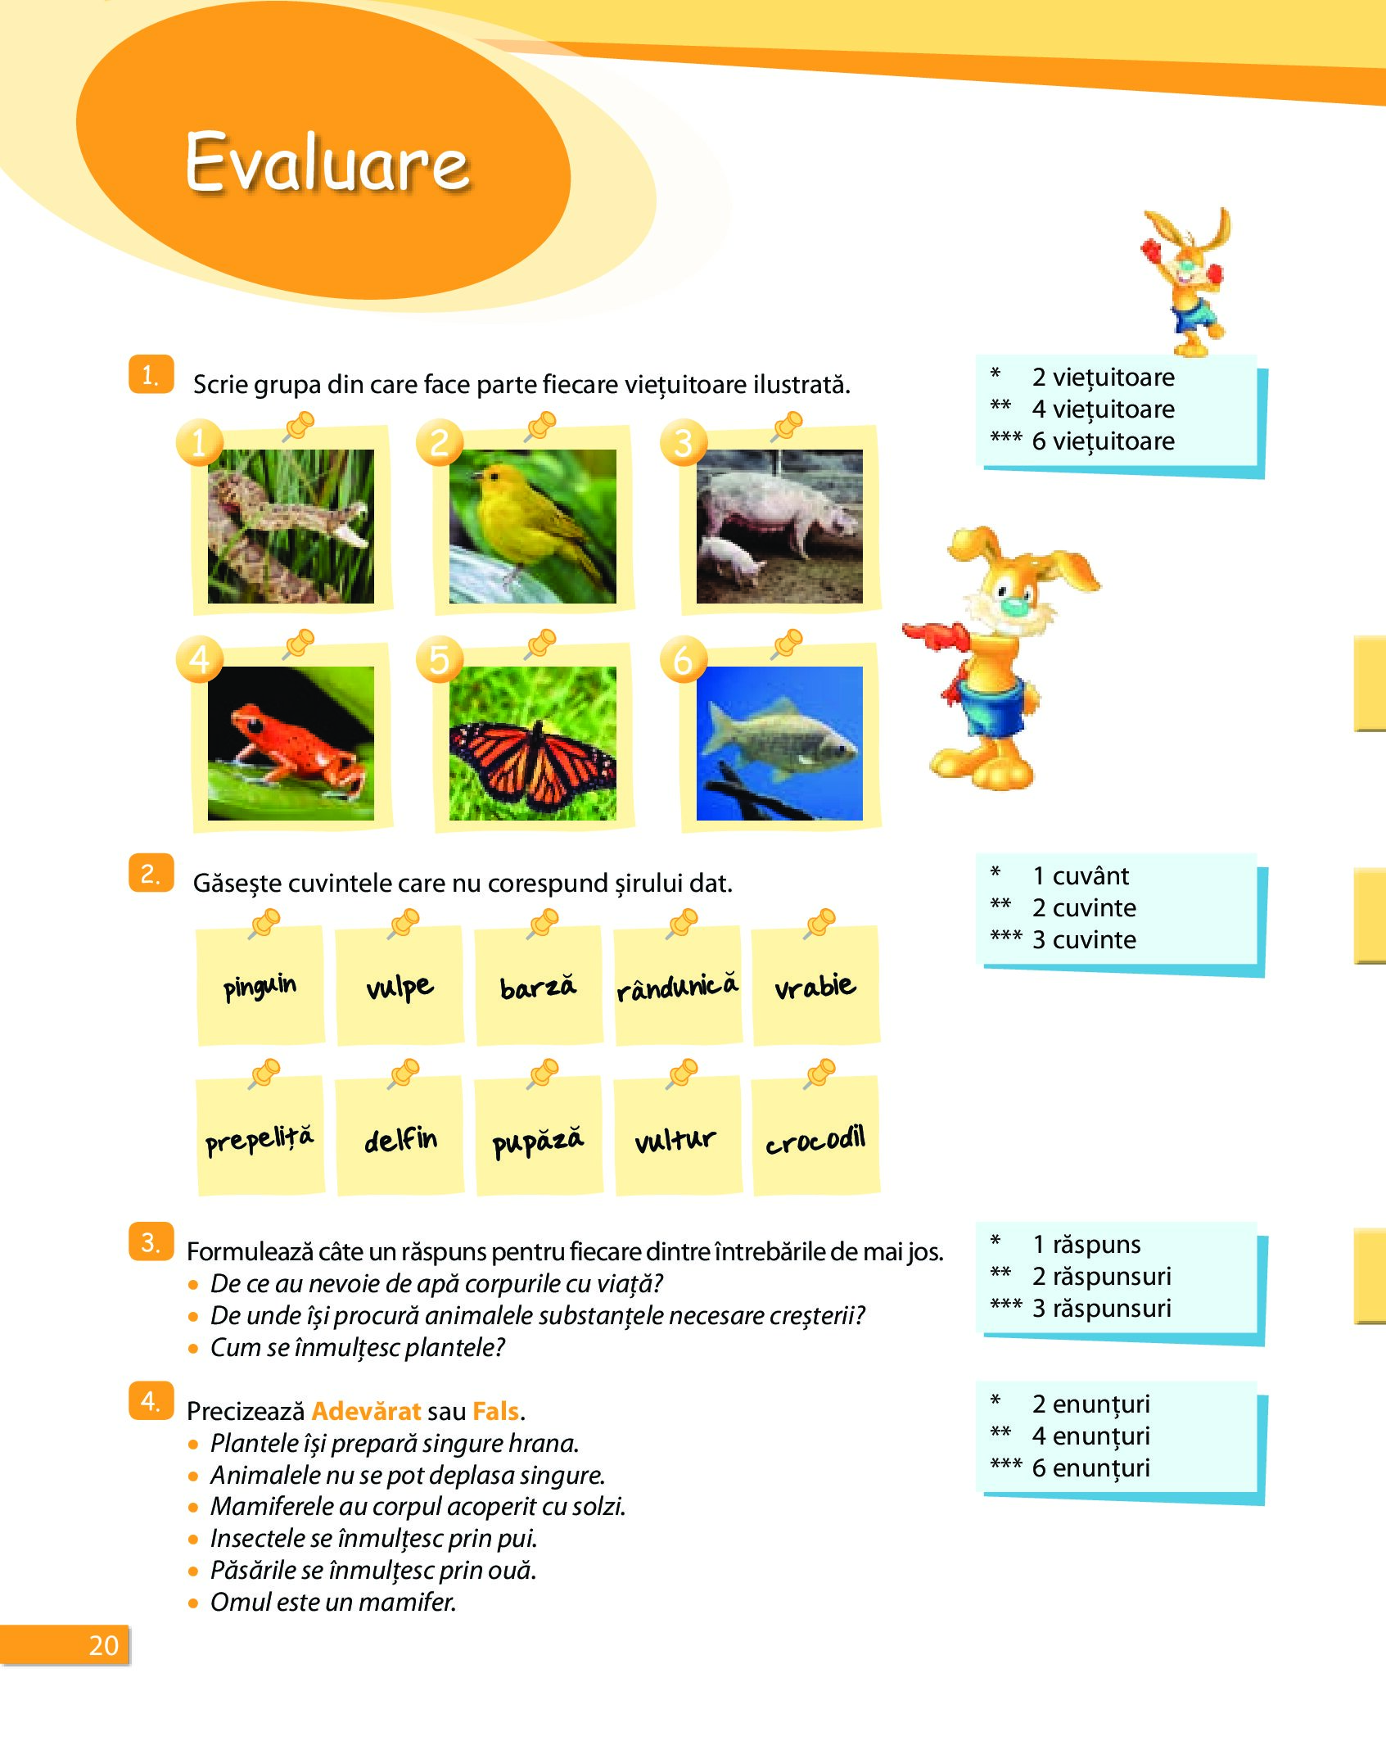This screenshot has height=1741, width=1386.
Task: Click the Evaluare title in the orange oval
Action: [327, 161]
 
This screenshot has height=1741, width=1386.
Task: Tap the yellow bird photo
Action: [533, 527]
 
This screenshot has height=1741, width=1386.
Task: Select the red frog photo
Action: [291, 743]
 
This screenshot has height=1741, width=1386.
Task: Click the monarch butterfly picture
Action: [533, 743]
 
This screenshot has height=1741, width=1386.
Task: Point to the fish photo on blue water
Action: [779, 743]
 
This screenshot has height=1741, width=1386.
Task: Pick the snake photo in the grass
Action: [291, 527]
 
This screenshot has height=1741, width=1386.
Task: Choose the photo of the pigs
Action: [779, 527]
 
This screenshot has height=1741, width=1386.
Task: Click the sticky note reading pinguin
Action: [260, 985]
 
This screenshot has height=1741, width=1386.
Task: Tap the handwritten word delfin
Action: [400, 1139]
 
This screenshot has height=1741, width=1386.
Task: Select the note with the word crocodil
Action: [815, 1135]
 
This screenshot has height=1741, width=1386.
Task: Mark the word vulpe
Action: [400, 988]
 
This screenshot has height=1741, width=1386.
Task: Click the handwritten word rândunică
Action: [677, 987]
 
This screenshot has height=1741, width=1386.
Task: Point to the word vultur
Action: [675, 1139]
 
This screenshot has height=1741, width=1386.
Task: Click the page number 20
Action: [104, 1645]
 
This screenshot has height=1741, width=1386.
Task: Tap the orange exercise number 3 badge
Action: [151, 1241]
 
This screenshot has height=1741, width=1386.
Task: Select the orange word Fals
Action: [496, 1411]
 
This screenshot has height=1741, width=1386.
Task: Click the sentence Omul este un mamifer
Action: [333, 1602]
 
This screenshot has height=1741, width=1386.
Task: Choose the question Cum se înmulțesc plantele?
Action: [358, 1347]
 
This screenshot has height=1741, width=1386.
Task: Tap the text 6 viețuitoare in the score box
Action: [1103, 441]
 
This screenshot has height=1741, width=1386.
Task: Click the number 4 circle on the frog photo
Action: [199, 658]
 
